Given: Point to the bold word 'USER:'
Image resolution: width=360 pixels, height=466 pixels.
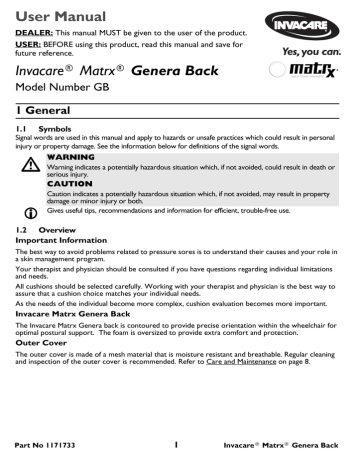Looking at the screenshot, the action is coord(24,43).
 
